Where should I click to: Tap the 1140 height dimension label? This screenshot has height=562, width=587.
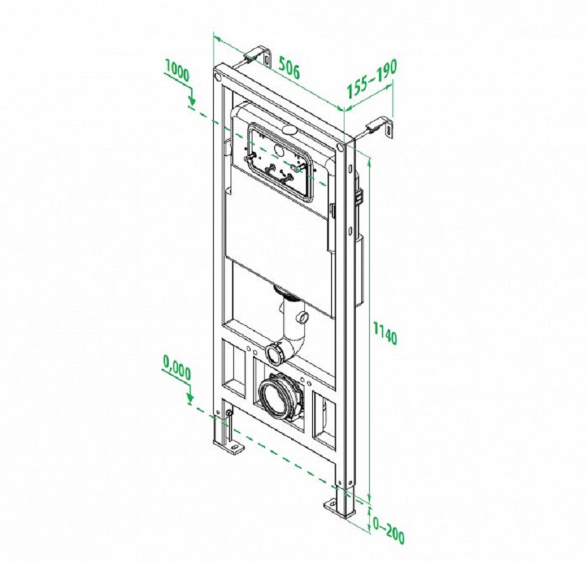385,332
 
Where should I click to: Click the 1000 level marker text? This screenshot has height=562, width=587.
177,72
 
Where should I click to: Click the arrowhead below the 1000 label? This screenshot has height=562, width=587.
192,100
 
